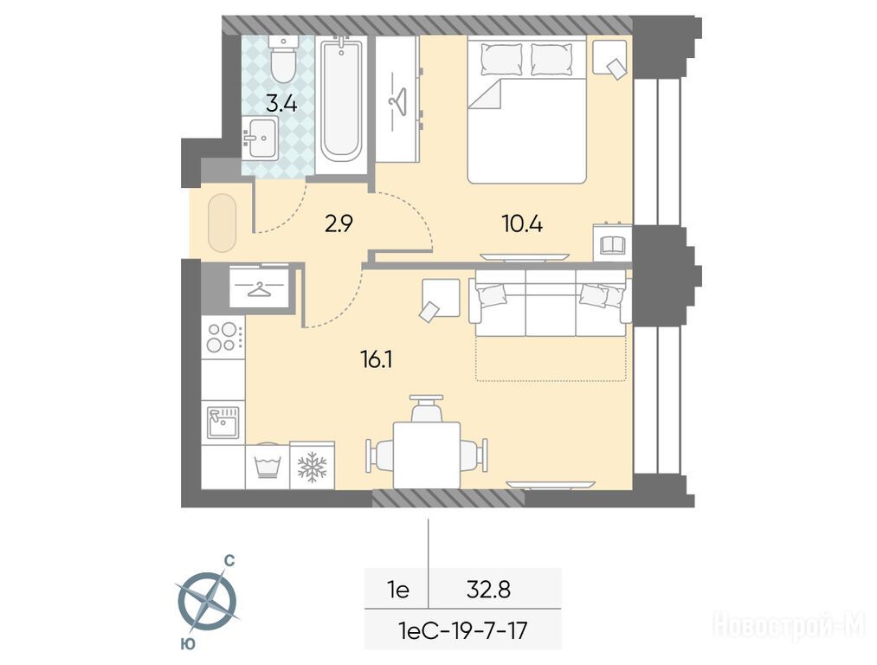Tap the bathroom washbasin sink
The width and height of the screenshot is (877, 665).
(x=260, y=138)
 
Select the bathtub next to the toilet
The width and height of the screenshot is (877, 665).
(x=340, y=100)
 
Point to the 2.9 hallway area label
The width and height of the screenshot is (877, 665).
(x=339, y=224)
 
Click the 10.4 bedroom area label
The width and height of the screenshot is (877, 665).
(x=522, y=224)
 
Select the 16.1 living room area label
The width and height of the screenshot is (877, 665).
(x=377, y=359)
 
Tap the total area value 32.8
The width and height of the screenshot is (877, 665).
(x=488, y=590)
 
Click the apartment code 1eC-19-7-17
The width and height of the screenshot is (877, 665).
(x=462, y=631)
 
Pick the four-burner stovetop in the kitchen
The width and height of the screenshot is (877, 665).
(x=223, y=337)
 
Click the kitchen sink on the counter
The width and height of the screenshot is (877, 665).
(x=222, y=423)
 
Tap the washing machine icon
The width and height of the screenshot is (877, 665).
(x=268, y=465)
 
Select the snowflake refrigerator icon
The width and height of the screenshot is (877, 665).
(x=312, y=467)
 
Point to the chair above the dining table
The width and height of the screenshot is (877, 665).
(x=427, y=409)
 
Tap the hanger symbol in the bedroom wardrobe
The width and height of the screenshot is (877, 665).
(x=397, y=100)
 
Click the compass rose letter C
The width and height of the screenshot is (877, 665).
(x=229, y=560)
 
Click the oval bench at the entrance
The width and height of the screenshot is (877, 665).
(x=222, y=223)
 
